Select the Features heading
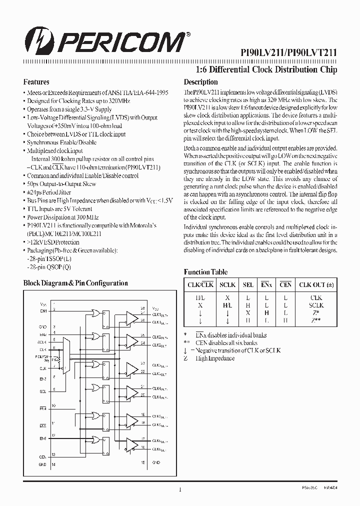tap(36, 81)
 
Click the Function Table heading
tap(205, 272)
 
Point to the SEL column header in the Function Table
tap(248, 285)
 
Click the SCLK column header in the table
tap(227, 285)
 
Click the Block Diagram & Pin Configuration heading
tap(75, 283)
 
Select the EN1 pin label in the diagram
tap(43, 310)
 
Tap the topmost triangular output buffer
tap(132, 317)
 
